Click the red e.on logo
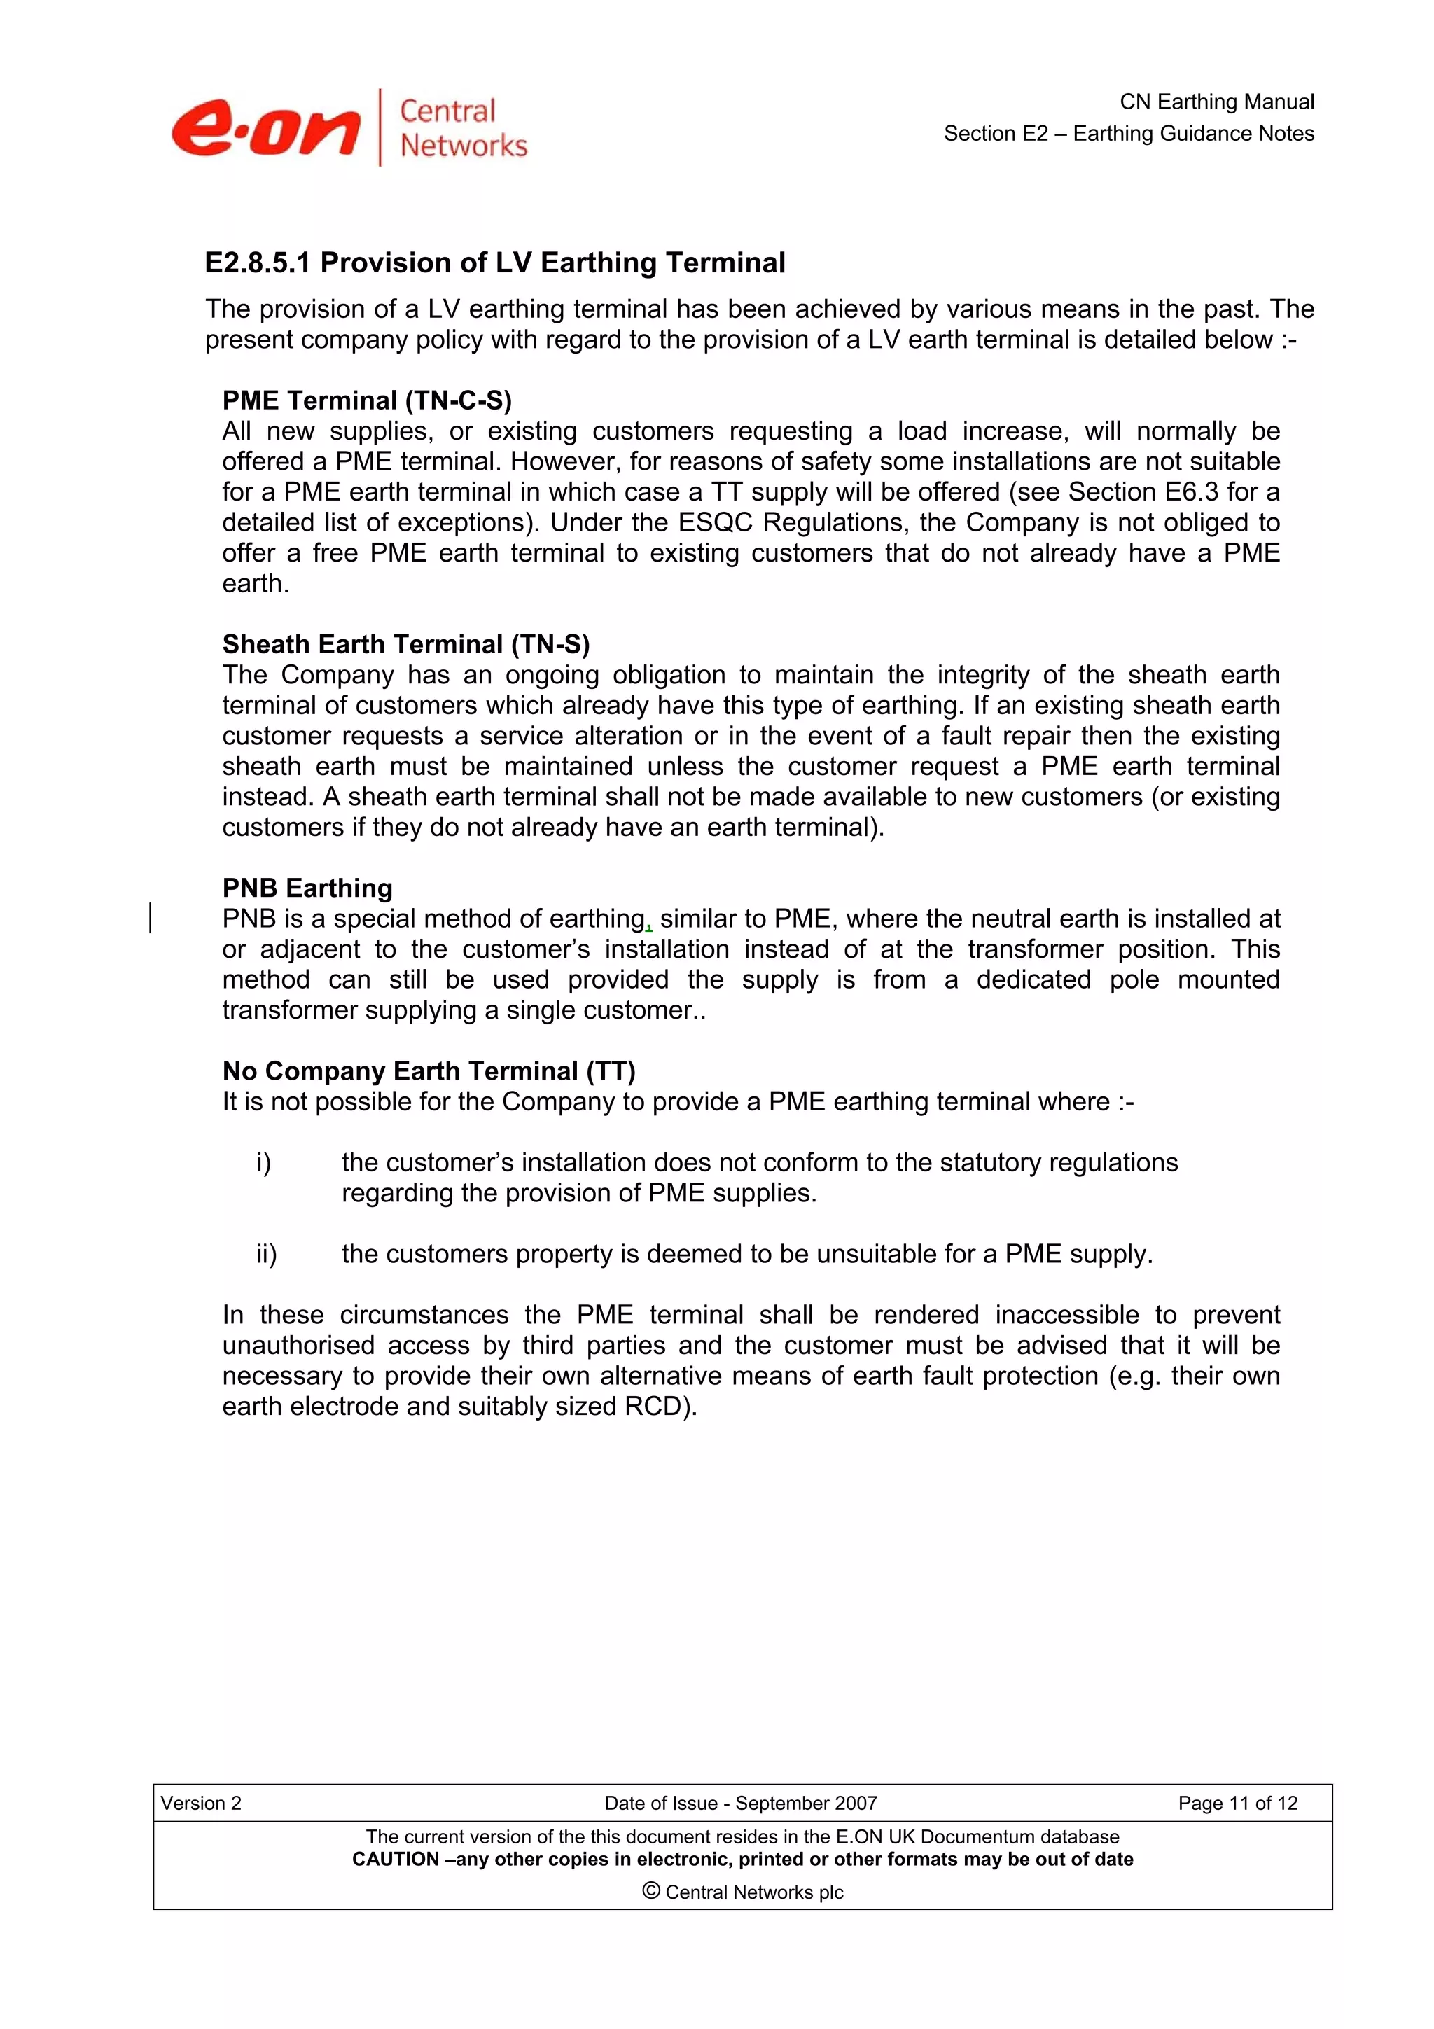click(x=266, y=129)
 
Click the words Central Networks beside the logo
click(x=462, y=128)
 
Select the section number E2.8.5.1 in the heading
click(x=259, y=263)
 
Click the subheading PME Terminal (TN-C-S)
click(x=367, y=400)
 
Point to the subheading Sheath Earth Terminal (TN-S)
click(x=405, y=644)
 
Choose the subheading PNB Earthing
click(x=307, y=888)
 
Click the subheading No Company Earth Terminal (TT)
click(x=429, y=1071)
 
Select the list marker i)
click(x=263, y=1163)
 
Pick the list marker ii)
click(x=266, y=1254)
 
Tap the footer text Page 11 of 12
click(x=1237, y=1803)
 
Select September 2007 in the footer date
click(x=805, y=1803)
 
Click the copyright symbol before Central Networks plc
click(x=650, y=1890)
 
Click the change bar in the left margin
click(x=151, y=917)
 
